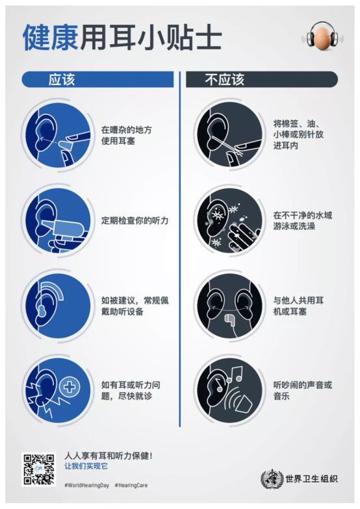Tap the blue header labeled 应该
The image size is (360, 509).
click(x=97, y=79)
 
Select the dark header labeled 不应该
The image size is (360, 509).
click(x=261, y=79)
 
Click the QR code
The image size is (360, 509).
click(x=39, y=469)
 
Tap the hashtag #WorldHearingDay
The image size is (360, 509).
click(x=87, y=485)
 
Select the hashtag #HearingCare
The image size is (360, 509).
click(x=131, y=485)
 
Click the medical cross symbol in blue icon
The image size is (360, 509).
click(x=69, y=387)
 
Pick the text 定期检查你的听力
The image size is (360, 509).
click(x=135, y=221)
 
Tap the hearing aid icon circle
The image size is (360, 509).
click(x=58, y=306)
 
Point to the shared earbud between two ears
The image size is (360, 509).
click(x=229, y=319)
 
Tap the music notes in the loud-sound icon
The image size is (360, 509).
click(x=230, y=377)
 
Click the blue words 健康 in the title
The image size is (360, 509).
click(x=51, y=38)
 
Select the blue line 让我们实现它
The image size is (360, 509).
click(x=86, y=466)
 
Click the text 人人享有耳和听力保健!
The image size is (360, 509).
click(x=109, y=456)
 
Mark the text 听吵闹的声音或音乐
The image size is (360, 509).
click(x=303, y=391)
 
